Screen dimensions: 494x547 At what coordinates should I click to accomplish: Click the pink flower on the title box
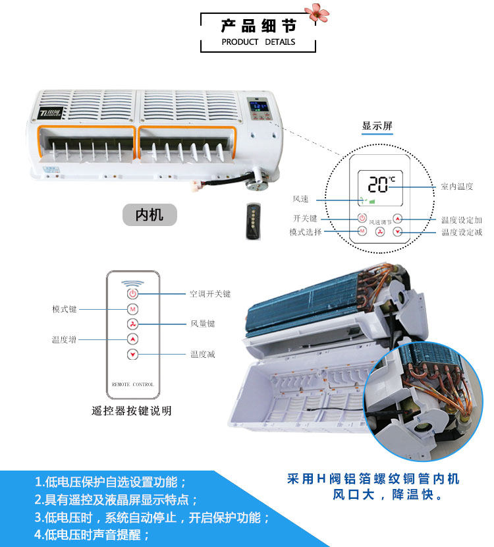point(317,13)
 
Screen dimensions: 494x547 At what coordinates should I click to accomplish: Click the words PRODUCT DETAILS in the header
point(258,42)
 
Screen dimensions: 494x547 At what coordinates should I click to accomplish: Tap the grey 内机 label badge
point(150,215)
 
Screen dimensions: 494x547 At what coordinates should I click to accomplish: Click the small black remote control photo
point(253,221)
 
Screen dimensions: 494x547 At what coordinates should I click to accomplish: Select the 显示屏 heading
point(377,126)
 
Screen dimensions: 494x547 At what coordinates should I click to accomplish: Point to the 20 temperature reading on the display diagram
point(378,184)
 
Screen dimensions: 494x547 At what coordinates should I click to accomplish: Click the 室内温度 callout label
point(457,187)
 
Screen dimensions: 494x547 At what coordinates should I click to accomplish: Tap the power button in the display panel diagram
point(362,218)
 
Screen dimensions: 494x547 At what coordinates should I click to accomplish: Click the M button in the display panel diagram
point(362,231)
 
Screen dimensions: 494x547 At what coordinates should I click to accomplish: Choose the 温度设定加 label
point(462,220)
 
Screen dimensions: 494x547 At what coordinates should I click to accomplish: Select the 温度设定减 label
point(462,233)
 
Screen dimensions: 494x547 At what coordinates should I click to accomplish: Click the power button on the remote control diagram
point(132,294)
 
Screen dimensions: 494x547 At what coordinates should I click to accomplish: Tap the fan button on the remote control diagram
point(132,324)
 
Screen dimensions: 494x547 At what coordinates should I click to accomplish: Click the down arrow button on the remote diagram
point(132,355)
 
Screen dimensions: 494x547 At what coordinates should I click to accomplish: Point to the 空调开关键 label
point(210,294)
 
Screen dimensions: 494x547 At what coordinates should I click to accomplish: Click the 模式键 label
point(65,309)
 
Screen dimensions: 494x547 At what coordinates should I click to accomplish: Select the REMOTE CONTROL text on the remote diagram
point(133,384)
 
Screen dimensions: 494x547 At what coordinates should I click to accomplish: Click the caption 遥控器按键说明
point(132,411)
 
